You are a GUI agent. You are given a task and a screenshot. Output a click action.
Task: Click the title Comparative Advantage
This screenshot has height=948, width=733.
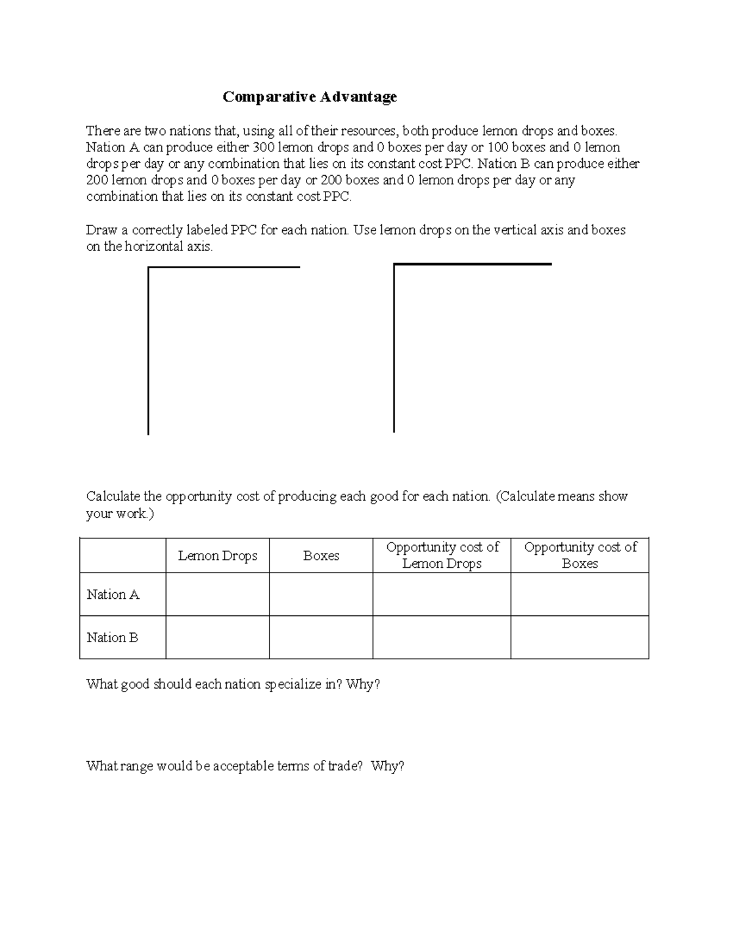310,96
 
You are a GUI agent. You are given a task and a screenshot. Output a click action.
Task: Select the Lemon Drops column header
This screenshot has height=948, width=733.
217,555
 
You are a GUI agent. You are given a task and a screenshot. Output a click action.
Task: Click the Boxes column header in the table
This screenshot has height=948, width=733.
321,555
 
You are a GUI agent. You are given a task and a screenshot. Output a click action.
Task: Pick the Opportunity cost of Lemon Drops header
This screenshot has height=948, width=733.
442,555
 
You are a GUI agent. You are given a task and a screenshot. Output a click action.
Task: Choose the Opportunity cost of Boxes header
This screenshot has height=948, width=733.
580,555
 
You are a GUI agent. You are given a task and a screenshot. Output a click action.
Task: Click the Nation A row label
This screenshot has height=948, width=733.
113,595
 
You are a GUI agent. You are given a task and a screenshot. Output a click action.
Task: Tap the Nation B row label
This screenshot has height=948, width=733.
113,637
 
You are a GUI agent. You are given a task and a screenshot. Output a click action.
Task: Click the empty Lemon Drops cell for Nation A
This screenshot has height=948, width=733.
217,595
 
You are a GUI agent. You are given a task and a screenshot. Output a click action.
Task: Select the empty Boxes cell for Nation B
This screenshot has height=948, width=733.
321,637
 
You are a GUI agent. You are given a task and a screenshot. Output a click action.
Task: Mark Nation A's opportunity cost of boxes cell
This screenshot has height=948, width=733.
580,595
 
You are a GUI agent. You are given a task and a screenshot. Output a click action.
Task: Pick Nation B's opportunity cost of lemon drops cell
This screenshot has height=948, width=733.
442,637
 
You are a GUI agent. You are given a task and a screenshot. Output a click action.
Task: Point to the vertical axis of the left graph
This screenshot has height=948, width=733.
148,351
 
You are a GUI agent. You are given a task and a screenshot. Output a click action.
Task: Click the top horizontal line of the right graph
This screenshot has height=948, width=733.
473,264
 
